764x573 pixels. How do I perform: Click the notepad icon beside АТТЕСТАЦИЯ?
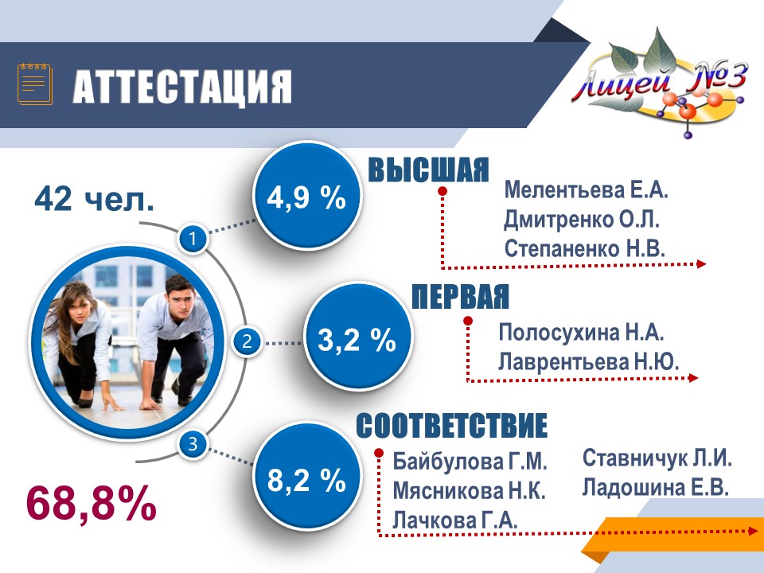[x=34, y=84]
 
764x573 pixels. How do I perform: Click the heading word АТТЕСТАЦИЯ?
[x=182, y=86]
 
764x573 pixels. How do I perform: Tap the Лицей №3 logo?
[x=659, y=83]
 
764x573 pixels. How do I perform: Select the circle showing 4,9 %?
[x=306, y=196]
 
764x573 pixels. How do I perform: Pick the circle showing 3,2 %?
[x=357, y=337]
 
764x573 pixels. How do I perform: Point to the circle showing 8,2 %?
[x=306, y=480]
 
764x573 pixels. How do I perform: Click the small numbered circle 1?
[x=193, y=239]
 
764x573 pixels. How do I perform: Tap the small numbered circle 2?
[x=247, y=341]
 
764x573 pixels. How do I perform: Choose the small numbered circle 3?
[x=193, y=444]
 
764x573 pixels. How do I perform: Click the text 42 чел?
[x=95, y=198]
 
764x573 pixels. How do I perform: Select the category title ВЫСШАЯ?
[x=428, y=170]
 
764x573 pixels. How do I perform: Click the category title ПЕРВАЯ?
[x=460, y=296]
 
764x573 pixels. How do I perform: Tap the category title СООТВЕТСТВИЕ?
[x=452, y=425]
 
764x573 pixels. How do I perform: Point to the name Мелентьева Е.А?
[x=587, y=189]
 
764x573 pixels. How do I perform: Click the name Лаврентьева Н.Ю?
[x=589, y=361]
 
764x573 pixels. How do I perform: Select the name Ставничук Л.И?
[x=657, y=458]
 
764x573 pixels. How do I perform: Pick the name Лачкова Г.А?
[x=455, y=520]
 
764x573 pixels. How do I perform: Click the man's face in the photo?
[x=181, y=298]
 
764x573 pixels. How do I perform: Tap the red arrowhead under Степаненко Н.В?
[x=701, y=263]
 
